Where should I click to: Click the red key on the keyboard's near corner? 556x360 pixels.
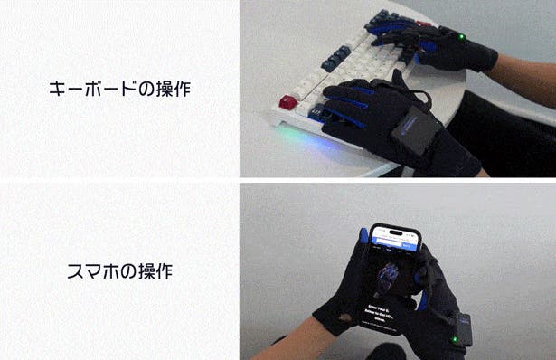coord(288,102)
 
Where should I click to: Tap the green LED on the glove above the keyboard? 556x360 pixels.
coord(461,37)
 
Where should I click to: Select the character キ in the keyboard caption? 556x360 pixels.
coord(57,90)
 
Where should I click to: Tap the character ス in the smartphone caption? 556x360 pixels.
coord(78,270)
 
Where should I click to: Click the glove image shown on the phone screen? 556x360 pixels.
coord(391,277)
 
